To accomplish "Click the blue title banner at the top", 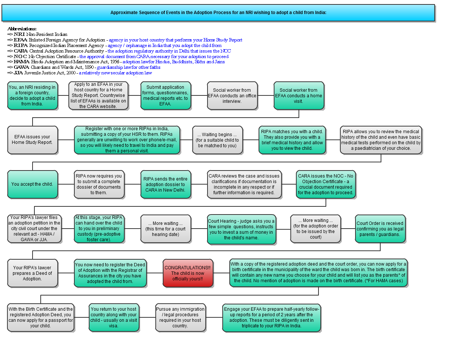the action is pyautogui.click(x=218, y=13).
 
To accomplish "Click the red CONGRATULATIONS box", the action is pyautogui.click(x=188, y=273).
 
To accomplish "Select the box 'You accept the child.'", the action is pyautogui.click(x=33, y=184).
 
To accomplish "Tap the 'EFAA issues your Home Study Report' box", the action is pyautogui.click(x=33, y=140).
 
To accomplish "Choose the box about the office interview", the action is pyautogui.click(x=232, y=95).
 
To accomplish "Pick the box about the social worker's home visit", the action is pyautogui.click(x=299, y=95).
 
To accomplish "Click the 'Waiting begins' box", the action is pyautogui.click(x=217, y=140).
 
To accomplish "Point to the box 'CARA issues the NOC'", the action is pyautogui.click(x=326, y=184).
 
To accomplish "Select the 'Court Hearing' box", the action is pyautogui.click(x=241, y=229).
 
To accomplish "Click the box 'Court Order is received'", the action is pyautogui.click(x=380, y=229).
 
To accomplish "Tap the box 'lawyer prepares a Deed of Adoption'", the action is pyautogui.click(x=33, y=273).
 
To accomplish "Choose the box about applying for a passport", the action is pyautogui.click(x=40, y=317).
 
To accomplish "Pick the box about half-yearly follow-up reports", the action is pyautogui.click(x=271, y=317).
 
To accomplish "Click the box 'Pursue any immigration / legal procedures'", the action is pyautogui.click(x=180, y=317).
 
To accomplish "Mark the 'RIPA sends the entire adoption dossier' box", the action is pyautogui.click(x=166, y=184).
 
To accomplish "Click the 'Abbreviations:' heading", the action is pyautogui.click(x=22, y=29).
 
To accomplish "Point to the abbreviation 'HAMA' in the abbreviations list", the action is pyautogui.click(x=21, y=62).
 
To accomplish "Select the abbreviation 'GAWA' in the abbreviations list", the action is pyautogui.click(x=21, y=67).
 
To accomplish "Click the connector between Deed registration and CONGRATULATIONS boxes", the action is pyautogui.click(x=155, y=273).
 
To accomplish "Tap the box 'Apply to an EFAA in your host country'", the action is pyautogui.click(x=98, y=95).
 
